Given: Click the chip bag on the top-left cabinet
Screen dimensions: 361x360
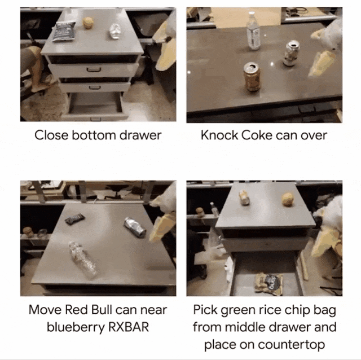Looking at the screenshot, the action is (64, 32).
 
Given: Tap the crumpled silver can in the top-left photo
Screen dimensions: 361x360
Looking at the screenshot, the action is (115, 32).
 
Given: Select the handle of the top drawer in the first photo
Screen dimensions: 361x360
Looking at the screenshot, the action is (94, 69).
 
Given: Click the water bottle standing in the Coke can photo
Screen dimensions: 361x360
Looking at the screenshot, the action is (253, 31).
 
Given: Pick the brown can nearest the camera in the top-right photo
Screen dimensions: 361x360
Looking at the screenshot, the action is (252, 77).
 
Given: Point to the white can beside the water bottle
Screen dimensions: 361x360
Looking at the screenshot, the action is (291, 54).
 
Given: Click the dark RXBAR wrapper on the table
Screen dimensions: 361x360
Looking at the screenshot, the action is (74, 219).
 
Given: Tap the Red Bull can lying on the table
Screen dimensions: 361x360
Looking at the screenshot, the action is (135, 227).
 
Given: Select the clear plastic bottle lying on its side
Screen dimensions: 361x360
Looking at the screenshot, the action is (83, 260).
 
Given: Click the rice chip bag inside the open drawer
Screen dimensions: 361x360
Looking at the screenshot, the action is (268, 283).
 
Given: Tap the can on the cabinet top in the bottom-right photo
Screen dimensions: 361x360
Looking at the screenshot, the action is (244, 197).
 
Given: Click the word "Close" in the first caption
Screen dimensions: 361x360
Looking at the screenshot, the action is (51, 135).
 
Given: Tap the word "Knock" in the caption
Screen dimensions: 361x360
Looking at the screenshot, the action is (219, 135).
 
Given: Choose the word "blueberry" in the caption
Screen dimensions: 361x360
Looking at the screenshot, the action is (76, 327).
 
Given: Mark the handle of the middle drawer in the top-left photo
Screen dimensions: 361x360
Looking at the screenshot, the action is (95, 87).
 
